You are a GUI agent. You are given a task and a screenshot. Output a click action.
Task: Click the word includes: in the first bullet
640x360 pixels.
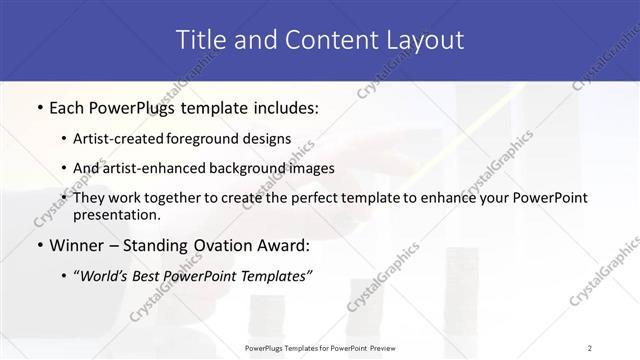282,107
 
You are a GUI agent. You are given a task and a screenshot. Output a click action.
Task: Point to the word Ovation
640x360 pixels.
229,245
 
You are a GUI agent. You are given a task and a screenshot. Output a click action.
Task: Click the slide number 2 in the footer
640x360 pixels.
590,347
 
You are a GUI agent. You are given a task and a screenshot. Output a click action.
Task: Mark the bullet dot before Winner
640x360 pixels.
38,245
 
